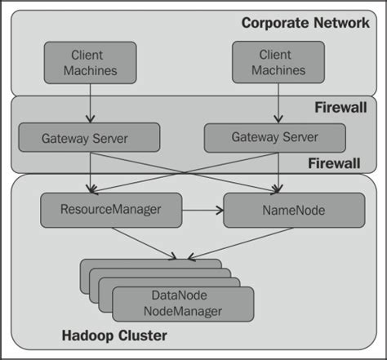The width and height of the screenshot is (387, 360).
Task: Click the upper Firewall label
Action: click(x=341, y=108)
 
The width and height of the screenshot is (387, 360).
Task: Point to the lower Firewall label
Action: click(x=335, y=163)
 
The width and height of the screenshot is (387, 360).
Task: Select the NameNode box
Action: click(x=293, y=210)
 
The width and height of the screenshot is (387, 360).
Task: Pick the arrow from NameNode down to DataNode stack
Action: click(x=245, y=243)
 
